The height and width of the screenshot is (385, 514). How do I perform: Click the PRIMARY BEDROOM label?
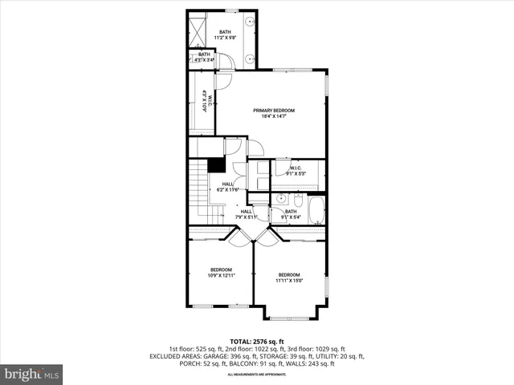274,110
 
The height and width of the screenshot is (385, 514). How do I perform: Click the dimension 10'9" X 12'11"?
222,275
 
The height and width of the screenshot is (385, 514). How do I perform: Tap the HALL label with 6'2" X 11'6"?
224,189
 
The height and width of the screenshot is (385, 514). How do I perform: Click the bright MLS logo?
31,373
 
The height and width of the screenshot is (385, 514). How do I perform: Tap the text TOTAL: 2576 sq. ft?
257,341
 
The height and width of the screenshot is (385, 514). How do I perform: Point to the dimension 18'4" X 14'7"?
274,116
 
